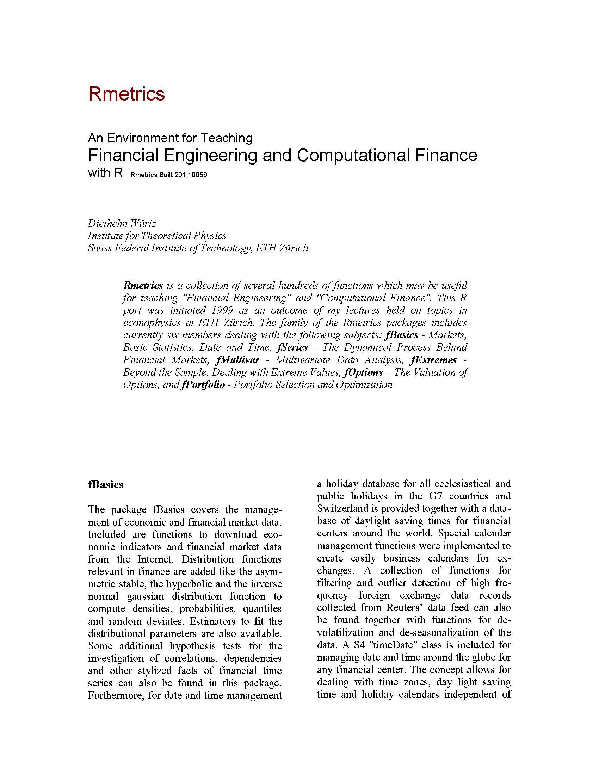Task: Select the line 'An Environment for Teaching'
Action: pyautogui.click(x=170, y=138)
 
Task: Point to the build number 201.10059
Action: pyautogui.click(x=190, y=175)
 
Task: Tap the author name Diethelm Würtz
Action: pyautogui.click(x=122, y=224)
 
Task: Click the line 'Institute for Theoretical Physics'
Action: pyautogui.click(x=157, y=236)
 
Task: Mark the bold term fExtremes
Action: pyautogui.click(x=433, y=360)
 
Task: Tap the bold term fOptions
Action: pyautogui.click(x=363, y=372)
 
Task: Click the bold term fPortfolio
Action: pyautogui.click(x=202, y=385)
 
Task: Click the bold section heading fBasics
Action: pyautogui.click(x=105, y=485)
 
